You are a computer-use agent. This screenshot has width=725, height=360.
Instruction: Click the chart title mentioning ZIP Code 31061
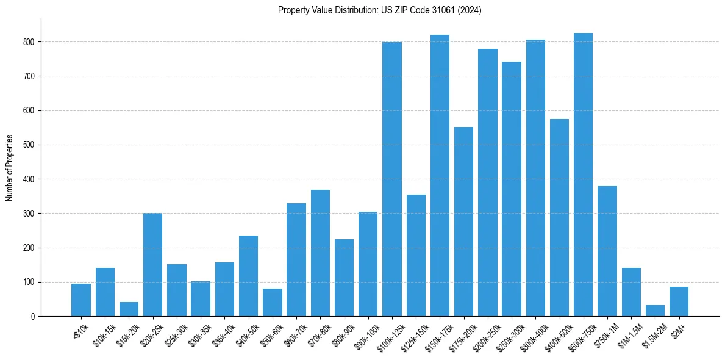(379, 10)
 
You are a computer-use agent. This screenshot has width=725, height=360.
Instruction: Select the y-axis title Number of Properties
(10, 167)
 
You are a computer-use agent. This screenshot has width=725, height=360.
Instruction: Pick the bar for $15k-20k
(129, 309)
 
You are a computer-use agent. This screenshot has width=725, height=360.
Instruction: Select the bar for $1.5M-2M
(655, 311)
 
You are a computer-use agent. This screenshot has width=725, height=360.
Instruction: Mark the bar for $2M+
(679, 301)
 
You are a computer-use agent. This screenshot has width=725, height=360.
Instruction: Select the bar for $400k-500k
(560, 217)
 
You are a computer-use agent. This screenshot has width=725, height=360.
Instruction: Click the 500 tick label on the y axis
(30, 145)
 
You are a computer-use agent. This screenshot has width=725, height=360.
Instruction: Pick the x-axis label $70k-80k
(318, 333)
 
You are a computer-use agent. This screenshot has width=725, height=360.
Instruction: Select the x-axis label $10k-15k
(104, 333)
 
